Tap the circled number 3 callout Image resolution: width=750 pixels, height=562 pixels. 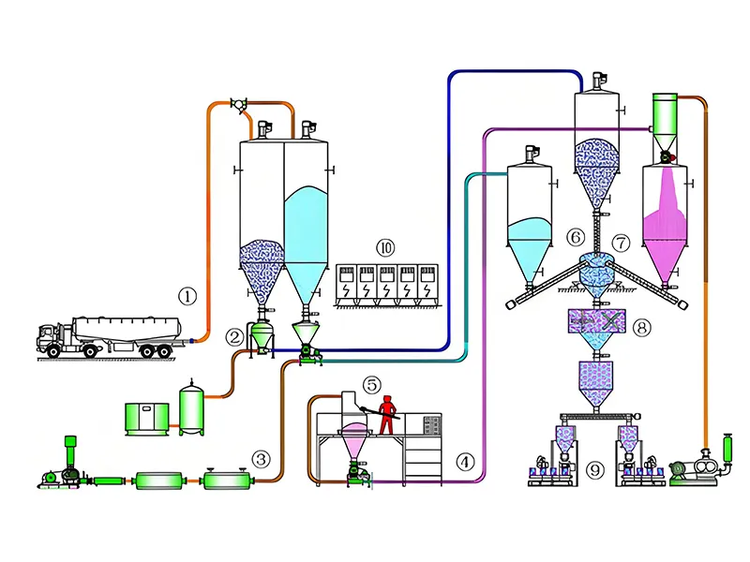261,459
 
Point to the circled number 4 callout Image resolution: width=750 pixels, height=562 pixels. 465,461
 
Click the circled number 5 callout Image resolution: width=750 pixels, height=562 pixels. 372,384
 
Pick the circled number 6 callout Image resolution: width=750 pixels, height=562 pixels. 576,240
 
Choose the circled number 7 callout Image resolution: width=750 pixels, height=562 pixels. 620,242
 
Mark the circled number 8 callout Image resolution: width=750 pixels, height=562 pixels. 641,328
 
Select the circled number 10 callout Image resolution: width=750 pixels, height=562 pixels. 385,248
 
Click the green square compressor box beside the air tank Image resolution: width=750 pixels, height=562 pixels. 146,418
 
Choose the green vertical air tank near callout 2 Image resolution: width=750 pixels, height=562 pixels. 193,408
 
